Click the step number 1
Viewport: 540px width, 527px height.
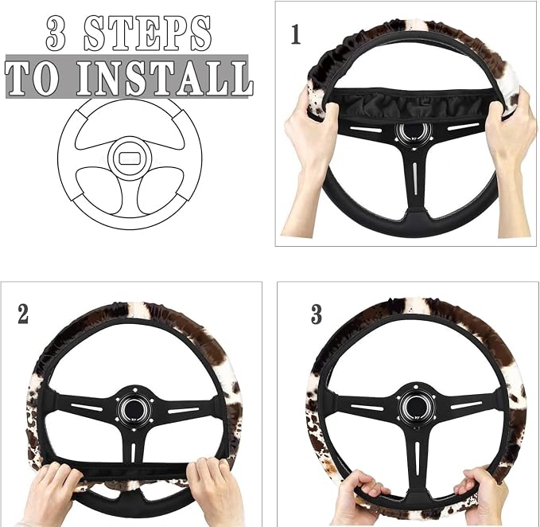click(x=296, y=34)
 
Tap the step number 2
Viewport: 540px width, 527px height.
click(x=23, y=314)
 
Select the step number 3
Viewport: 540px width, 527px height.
click(x=317, y=314)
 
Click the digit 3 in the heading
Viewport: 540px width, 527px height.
click(x=56, y=33)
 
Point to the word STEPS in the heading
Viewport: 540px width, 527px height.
click(x=147, y=33)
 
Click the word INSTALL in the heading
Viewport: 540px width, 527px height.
click(x=165, y=78)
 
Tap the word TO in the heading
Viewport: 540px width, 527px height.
click(x=32, y=79)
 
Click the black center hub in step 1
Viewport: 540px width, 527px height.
click(x=414, y=131)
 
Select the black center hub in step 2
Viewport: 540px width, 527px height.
click(x=134, y=406)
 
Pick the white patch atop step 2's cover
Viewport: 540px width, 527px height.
click(x=139, y=309)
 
